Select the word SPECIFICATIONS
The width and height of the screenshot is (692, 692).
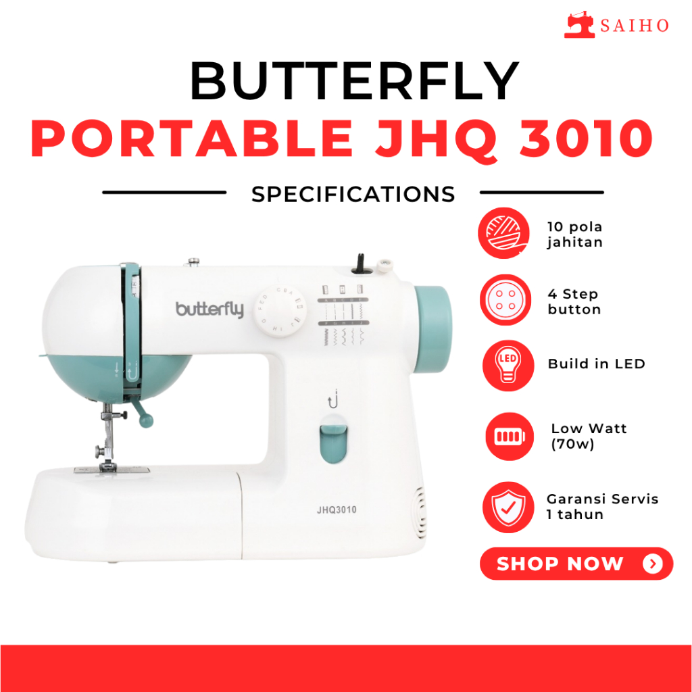click(x=353, y=194)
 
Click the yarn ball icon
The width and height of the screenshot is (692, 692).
click(x=501, y=233)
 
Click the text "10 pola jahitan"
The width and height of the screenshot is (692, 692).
click(x=574, y=234)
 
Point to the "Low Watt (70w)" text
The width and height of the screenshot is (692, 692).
click(x=587, y=436)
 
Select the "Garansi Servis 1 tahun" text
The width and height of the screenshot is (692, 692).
click(x=602, y=506)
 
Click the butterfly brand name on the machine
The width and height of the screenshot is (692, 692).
click(x=209, y=310)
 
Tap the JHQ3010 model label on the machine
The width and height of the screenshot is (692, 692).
click(x=337, y=510)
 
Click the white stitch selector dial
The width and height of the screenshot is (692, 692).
click(x=276, y=311)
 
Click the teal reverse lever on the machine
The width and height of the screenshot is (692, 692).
click(x=332, y=443)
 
